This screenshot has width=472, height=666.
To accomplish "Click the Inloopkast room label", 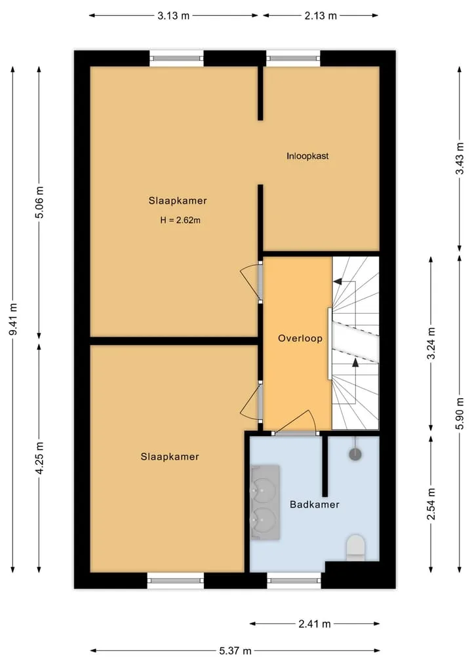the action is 307,156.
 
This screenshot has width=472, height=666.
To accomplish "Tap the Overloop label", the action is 300,339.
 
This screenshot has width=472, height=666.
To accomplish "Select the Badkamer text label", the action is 315,505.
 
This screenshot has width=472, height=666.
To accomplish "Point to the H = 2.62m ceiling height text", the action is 180,220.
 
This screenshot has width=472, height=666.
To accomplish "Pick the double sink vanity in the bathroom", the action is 265,502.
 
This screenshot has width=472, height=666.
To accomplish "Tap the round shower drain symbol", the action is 355,454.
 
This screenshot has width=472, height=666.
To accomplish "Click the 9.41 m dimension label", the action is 13,319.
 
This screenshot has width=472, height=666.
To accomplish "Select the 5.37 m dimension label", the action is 235,651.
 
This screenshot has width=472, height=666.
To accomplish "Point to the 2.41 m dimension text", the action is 315,624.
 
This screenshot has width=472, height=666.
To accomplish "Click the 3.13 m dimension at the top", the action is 174,16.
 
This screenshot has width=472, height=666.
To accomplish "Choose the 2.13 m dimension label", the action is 321,16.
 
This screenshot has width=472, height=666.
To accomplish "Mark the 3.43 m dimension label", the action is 460,158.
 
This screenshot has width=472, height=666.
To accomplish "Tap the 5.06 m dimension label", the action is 39,202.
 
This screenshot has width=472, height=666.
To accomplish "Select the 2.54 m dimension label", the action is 431,504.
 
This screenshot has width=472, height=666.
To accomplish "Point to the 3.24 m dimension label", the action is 431,343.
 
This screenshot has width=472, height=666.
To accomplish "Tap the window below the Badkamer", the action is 294,580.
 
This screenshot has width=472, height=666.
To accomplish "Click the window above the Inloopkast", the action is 293,59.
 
